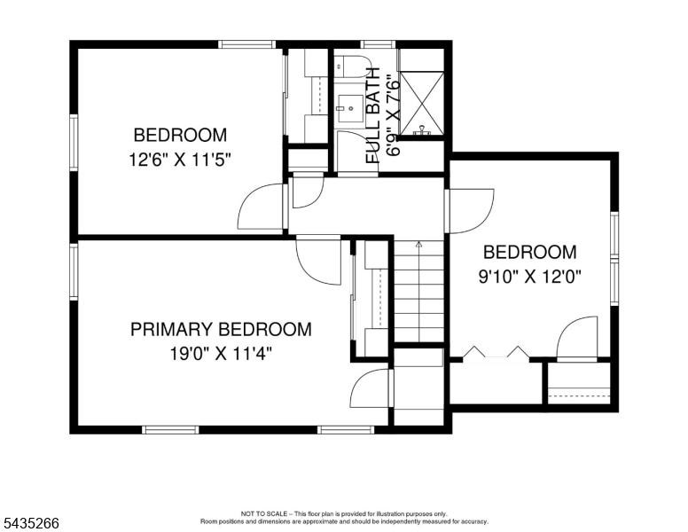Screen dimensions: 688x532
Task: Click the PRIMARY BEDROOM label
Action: pos(221,329)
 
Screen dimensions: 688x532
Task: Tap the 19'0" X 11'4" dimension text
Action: pos(221,353)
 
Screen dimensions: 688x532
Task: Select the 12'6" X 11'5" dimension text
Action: pos(179,160)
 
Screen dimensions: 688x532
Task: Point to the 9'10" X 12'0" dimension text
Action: pos(529,277)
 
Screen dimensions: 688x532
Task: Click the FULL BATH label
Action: pos(372,116)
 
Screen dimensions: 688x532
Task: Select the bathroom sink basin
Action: pos(350,108)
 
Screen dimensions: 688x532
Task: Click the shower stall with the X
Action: pos(422,104)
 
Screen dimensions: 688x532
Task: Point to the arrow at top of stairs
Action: pos(419,245)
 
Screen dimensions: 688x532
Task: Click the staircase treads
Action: pos(419,291)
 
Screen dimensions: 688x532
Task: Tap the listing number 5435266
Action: pos(31,523)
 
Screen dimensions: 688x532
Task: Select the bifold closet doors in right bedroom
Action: pos(496,354)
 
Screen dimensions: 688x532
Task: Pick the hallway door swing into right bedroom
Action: pos(471,211)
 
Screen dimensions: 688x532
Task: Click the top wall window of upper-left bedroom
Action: pos(247,44)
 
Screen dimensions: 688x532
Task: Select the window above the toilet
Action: pos(378,44)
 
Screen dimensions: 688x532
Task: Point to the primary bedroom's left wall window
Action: pos(74,271)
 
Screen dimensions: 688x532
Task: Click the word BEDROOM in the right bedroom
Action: pos(529,253)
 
